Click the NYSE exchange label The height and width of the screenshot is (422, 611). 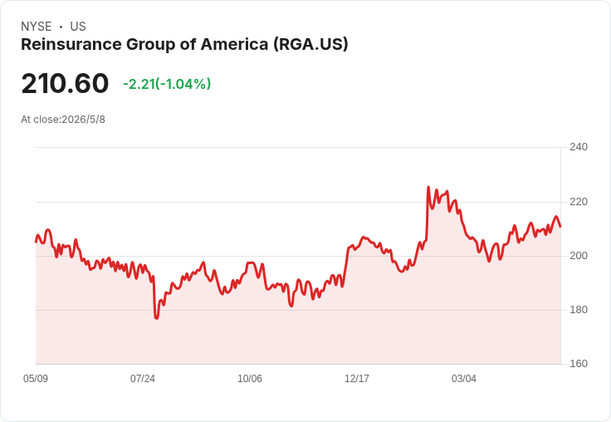tap(37, 27)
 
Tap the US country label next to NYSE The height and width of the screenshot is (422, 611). tap(78, 27)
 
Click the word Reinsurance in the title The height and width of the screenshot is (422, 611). tap(71, 44)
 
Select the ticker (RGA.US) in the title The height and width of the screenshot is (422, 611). tap(310, 45)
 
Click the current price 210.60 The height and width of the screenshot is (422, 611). tap(65, 83)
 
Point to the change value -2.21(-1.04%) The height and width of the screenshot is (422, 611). tap(167, 84)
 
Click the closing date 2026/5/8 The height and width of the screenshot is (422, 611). tap(83, 120)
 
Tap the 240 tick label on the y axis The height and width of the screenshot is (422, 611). tap(579, 147)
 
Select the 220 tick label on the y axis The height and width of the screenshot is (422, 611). tap(579, 202)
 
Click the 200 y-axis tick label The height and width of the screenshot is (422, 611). tap(579, 256)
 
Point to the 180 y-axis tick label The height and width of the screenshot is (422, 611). tap(579, 310)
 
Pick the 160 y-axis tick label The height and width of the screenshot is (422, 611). tap(579, 364)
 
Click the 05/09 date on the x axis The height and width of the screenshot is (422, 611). tap(36, 379)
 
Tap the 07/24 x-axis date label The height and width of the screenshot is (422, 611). tap(143, 379)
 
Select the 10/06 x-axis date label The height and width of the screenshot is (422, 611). tap(250, 379)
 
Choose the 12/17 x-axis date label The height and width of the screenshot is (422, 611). tap(356, 379)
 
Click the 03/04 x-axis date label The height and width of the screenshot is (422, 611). tap(464, 379)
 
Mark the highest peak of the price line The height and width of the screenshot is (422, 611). tap(428, 187)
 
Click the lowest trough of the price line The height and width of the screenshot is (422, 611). tap(157, 318)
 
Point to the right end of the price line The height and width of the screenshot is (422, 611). tap(560, 226)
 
